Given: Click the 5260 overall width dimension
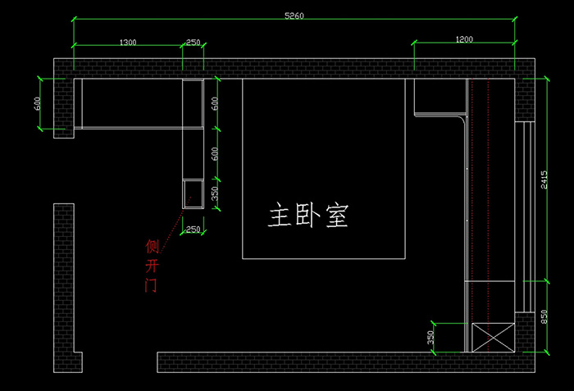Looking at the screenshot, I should tap(294, 16).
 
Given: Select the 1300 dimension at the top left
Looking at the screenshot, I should tap(128, 42).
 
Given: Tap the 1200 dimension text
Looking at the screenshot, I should tap(465, 39).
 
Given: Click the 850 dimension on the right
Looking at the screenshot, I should tap(544, 316).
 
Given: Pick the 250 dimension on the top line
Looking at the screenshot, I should tap(194, 42).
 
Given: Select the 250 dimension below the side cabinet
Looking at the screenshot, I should tap(193, 230).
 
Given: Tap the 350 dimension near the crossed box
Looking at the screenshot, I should tap(430, 337).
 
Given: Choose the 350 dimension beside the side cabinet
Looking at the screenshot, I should tap(216, 193).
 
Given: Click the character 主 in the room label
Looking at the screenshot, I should tap(280, 216).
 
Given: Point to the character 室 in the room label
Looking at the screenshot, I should tap(337, 216).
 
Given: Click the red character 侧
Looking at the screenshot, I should tap(152, 247).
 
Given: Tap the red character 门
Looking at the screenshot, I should tap(150, 286).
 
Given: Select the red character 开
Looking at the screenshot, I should tap(151, 266).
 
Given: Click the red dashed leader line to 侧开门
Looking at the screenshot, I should tap(175, 221).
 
